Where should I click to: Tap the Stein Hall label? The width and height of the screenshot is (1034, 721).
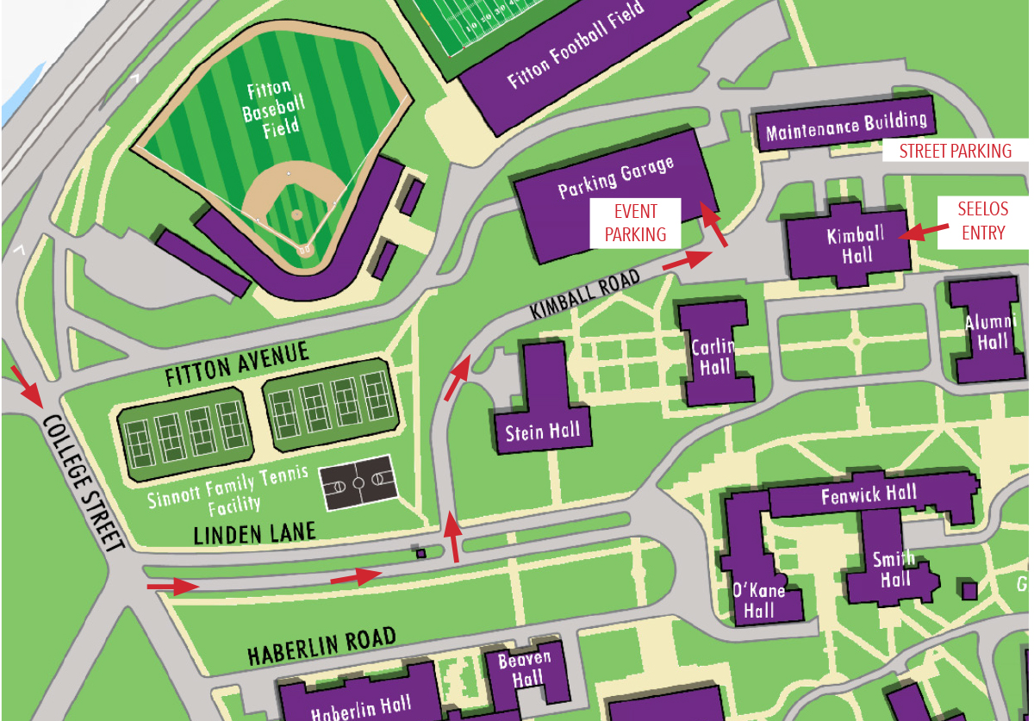[x=542, y=431]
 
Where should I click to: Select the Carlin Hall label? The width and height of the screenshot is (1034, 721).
[x=713, y=357]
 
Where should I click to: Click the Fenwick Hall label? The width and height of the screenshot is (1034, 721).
[x=869, y=496]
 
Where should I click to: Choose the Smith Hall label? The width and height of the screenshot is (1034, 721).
[x=893, y=569]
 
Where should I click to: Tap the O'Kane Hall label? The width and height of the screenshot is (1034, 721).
[x=759, y=600]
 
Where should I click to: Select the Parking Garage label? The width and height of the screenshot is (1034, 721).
[x=615, y=177]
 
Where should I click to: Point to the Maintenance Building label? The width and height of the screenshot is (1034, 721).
[x=846, y=127]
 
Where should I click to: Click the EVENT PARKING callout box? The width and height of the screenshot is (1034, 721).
[x=635, y=223]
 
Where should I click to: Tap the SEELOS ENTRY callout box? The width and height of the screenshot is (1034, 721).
[x=983, y=221]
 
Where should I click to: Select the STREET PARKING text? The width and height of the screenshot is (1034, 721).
[x=955, y=152]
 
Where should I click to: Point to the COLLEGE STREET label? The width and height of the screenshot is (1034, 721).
[x=83, y=482]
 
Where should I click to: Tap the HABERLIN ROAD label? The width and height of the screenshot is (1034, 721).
[x=321, y=646]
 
